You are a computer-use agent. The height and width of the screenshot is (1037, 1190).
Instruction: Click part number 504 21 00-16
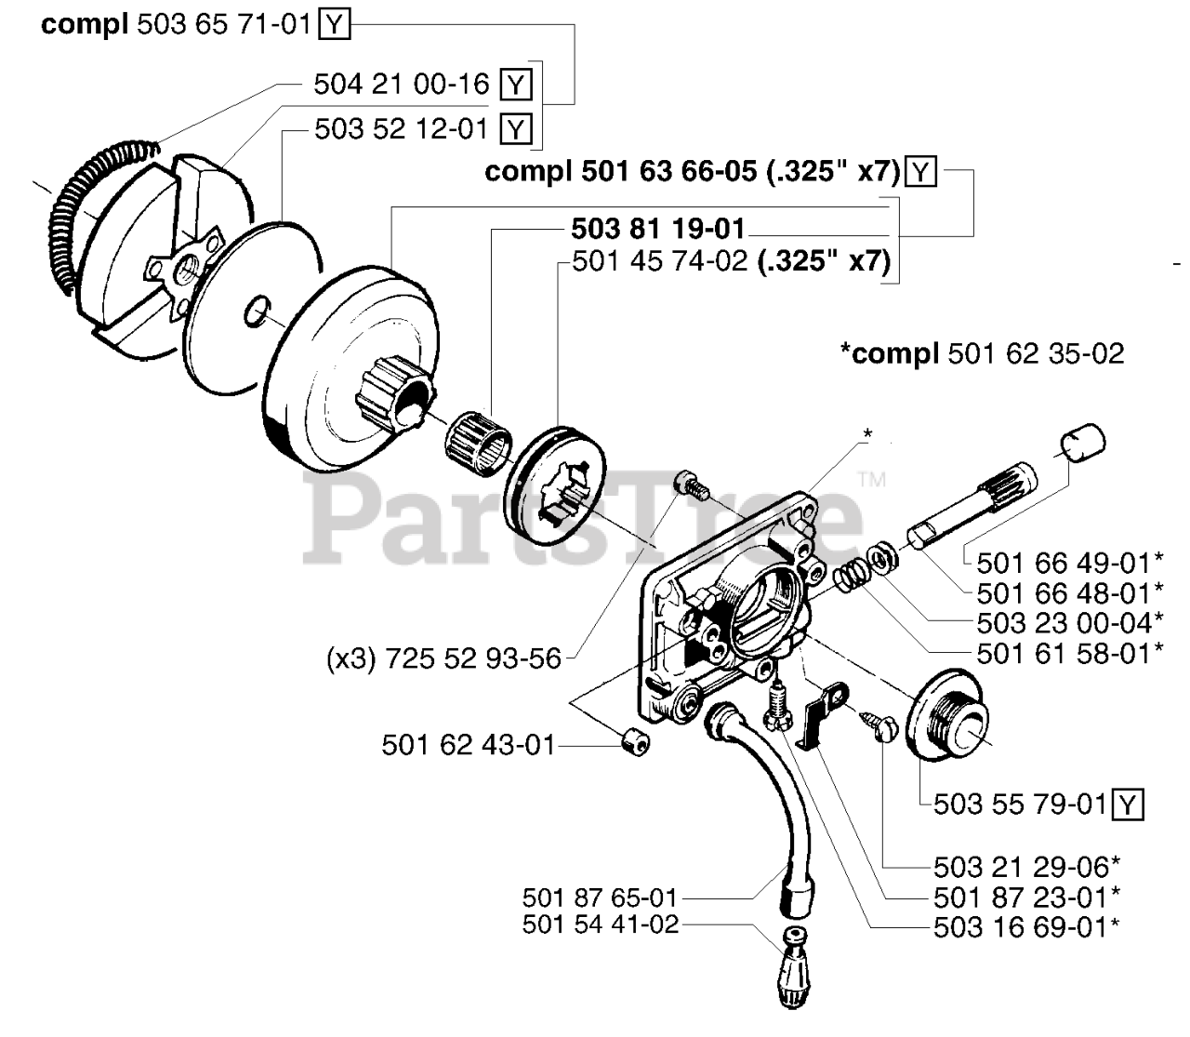pyautogui.click(x=401, y=85)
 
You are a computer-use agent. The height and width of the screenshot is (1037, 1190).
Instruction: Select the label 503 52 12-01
pyautogui.click(x=401, y=128)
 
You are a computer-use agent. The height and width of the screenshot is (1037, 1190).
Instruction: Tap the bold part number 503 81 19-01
pyautogui.click(x=658, y=229)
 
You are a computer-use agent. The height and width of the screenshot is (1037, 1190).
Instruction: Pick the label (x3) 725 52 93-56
pyautogui.click(x=443, y=658)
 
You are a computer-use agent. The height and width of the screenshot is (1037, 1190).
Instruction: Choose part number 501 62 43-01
pyautogui.click(x=468, y=745)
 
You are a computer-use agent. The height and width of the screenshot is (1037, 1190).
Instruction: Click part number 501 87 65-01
pyautogui.click(x=600, y=898)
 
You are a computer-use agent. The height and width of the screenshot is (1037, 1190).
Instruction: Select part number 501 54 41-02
pyautogui.click(x=600, y=925)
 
